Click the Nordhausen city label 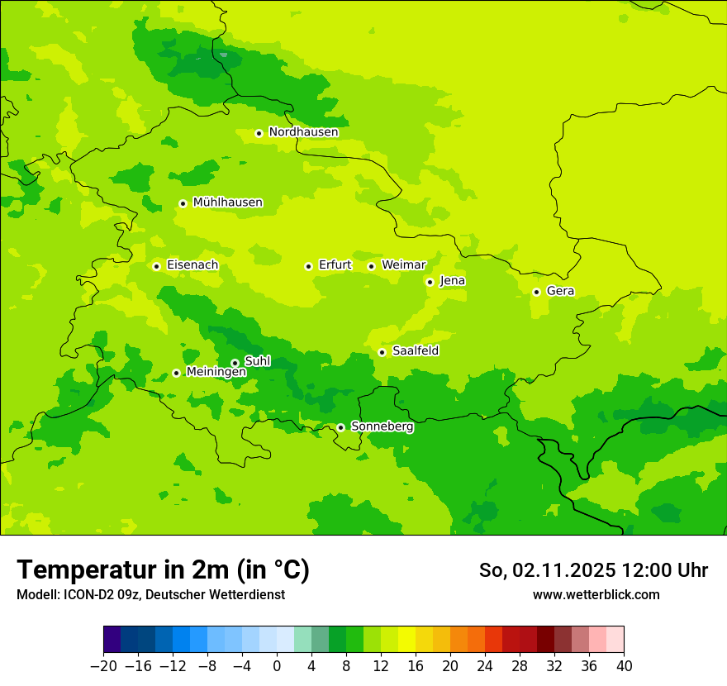(x=303, y=132)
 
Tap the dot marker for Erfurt (x=308, y=266)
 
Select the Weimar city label (x=403, y=265)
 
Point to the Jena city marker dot (x=430, y=282)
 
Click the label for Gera (x=560, y=291)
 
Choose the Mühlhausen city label (x=227, y=202)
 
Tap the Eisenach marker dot (x=156, y=266)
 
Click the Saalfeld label (x=415, y=351)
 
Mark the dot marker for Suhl (x=235, y=363)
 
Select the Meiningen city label (x=216, y=372)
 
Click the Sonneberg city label (x=382, y=426)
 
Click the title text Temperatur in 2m (x=164, y=569)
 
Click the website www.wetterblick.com (x=596, y=594)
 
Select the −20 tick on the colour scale (x=103, y=666)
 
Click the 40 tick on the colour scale (x=624, y=666)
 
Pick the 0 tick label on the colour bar (x=277, y=666)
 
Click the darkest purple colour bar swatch (x=112, y=640)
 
